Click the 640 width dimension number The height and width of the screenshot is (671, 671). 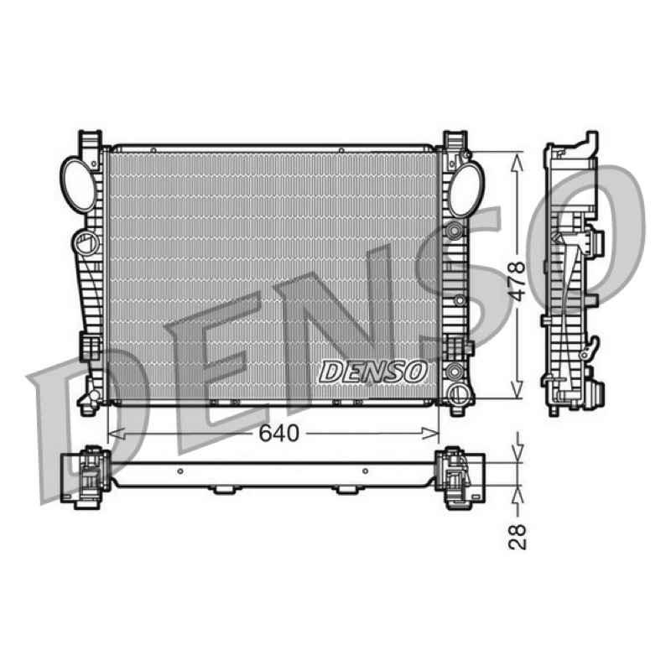(278, 434)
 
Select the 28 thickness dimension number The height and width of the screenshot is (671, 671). (518, 536)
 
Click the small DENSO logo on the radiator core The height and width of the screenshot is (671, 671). (372, 371)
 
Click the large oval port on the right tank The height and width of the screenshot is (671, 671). (466, 189)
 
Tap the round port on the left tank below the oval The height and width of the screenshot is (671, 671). (86, 242)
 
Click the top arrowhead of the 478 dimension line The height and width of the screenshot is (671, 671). (518, 163)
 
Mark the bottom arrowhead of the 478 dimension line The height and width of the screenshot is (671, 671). (518, 388)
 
